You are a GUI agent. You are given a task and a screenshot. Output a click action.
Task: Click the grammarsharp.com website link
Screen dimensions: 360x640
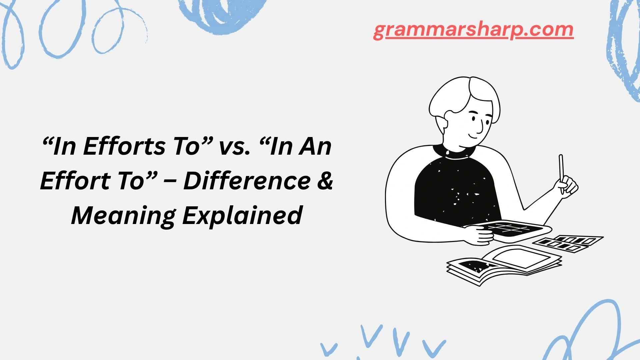pyautogui.click(x=473, y=30)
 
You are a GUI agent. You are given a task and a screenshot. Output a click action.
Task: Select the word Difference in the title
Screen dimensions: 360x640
pyautogui.click(x=247, y=181)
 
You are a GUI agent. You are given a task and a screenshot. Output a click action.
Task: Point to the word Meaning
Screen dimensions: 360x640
pyautogui.click(x=123, y=216)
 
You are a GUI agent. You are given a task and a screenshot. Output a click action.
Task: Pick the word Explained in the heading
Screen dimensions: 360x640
pyautogui.click(x=242, y=216)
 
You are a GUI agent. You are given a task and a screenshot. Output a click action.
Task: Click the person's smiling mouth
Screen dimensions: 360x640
pyautogui.click(x=473, y=136)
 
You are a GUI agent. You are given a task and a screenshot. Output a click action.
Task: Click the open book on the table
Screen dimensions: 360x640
pyautogui.click(x=503, y=263)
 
